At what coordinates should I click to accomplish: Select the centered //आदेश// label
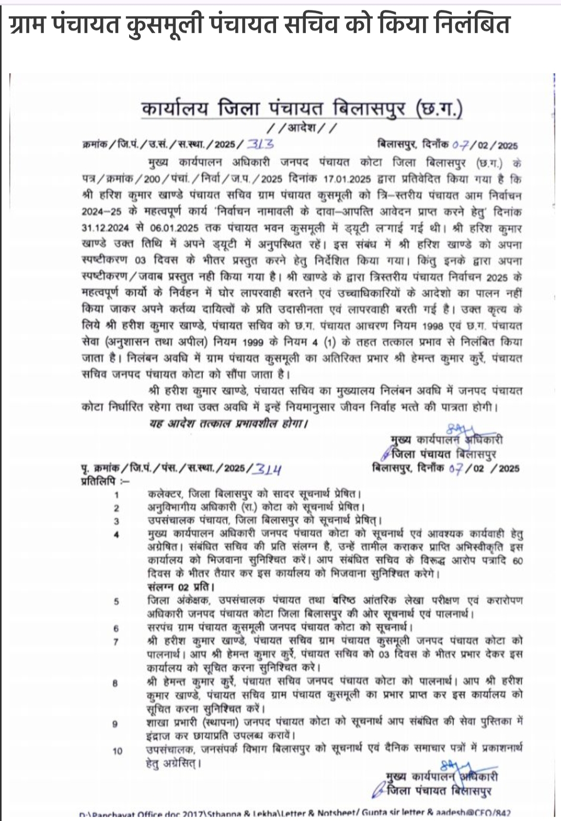tap(302, 128)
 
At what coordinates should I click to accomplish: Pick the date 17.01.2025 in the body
tap(346, 179)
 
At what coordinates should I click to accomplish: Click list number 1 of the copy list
tap(117, 495)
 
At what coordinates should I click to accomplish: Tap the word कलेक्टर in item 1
tap(164, 494)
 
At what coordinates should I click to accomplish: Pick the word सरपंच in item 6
tap(162, 627)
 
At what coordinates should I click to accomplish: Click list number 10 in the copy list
tap(117, 751)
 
